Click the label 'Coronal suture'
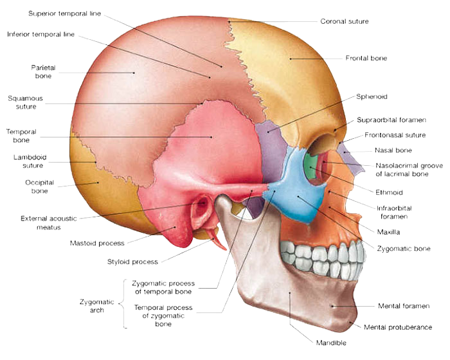(x=345, y=21)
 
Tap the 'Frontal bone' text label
(x=366, y=59)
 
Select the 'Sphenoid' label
(x=372, y=96)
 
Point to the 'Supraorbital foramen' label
(x=392, y=120)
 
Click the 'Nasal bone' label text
(x=393, y=150)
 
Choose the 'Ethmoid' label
(x=389, y=192)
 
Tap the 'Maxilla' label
(x=388, y=232)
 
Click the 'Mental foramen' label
(x=404, y=306)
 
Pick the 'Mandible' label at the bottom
(x=331, y=343)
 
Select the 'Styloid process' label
(x=132, y=262)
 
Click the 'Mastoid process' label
(x=97, y=244)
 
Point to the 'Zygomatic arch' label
(x=96, y=306)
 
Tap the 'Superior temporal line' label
(x=64, y=14)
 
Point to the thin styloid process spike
(x=217, y=239)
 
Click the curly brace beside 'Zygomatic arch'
(x=123, y=303)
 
